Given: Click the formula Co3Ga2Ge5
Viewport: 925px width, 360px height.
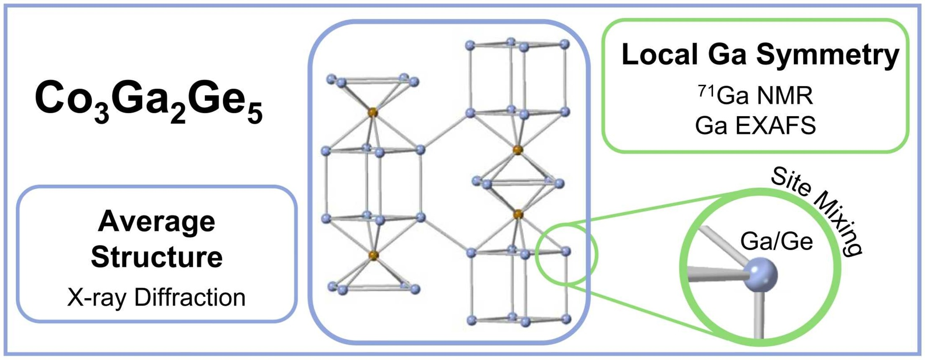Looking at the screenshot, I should (x=149, y=100).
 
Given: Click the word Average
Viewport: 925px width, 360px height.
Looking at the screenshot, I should (x=156, y=221).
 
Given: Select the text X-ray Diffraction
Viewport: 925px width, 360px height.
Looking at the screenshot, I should (x=156, y=298).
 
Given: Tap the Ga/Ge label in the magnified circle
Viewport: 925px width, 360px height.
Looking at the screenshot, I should (x=776, y=242).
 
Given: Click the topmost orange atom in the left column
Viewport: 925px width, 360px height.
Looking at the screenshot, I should (x=372, y=112).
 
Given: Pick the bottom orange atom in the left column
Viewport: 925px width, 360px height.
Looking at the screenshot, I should (x=373, y=255).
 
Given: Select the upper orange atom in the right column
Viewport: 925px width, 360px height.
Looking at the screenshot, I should (x=517, y=150).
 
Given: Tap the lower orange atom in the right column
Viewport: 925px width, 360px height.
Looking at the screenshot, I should (x=518, y=214).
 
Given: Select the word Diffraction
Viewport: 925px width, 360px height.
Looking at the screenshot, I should (x=190, y=298).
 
